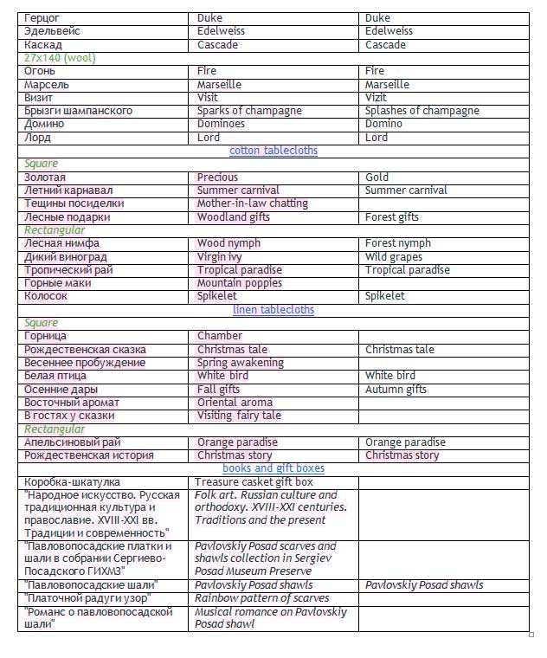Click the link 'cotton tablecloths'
273,151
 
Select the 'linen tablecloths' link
273,310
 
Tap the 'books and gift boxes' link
273,468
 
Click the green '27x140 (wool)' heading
60,58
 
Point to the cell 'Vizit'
378,98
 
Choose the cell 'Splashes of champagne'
422,111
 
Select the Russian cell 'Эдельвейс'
53,31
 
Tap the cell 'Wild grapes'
394,257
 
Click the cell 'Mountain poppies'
240,283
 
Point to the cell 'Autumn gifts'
396,390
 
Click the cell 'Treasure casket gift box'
254,482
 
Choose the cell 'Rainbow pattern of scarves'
261,598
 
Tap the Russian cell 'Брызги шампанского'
79,111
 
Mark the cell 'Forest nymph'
397,243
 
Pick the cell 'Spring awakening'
240,363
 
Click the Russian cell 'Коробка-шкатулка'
73,482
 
